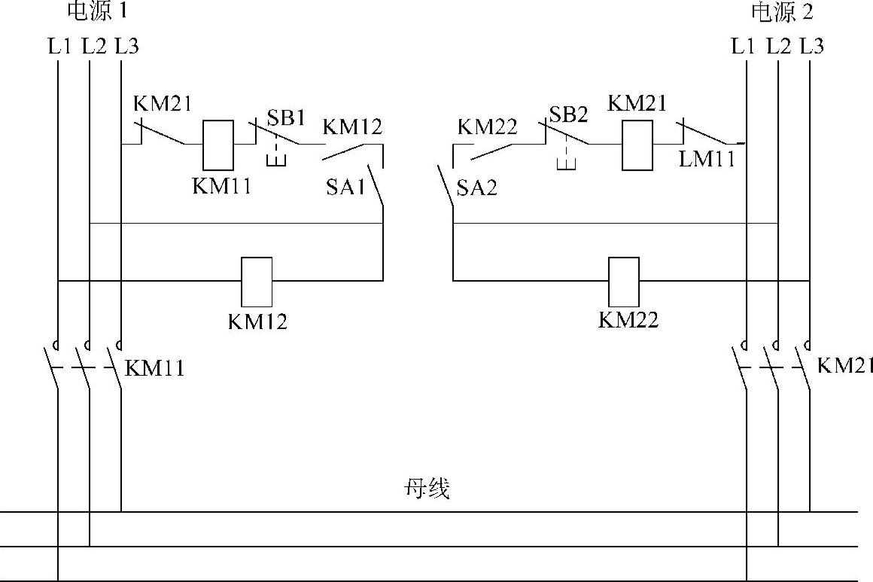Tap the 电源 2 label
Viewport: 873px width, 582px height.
pos(783,11)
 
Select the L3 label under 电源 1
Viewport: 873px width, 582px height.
pos(126,47)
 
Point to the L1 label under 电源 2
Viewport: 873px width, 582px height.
pos(743,47)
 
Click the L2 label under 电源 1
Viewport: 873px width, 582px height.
pos(93,47)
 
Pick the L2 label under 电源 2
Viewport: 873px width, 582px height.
pos(778,47)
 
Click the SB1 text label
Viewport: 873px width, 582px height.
pos(286,118)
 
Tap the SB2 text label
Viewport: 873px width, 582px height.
pos(568,114)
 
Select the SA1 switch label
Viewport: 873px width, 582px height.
pos(345,187)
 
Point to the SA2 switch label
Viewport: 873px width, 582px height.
pos(477,187)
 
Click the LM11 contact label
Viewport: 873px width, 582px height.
pos(706,160)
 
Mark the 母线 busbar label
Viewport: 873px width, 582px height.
pos(427,489)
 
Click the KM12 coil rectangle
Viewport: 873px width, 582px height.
pos(256,281)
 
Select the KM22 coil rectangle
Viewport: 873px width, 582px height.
pos(623,281)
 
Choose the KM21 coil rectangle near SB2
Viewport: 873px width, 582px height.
pos(637,143)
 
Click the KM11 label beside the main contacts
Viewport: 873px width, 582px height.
pos(154,368)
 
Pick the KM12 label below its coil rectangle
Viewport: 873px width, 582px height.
pos(257,321)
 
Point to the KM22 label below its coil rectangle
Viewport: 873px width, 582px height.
pos(628,320)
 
